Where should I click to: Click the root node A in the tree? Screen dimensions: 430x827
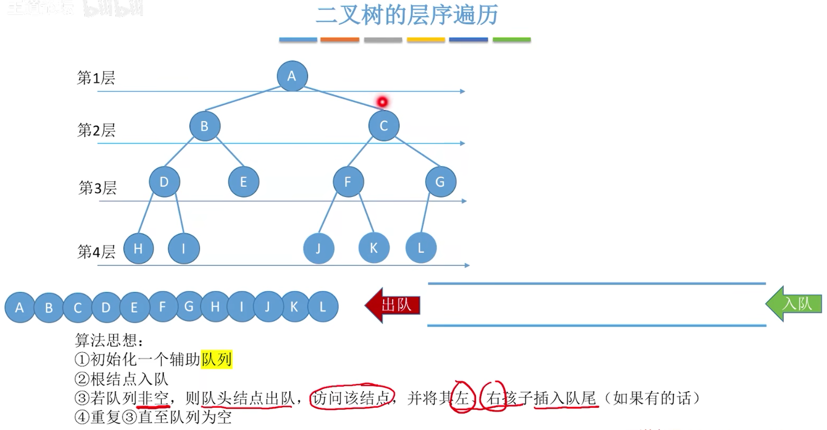click(292, 76)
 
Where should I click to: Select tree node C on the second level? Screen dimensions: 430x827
click(383, 126)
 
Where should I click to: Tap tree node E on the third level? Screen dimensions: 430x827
click(243, 182)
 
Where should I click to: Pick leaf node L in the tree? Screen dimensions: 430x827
click(421, 248)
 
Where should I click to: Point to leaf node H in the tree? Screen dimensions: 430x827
click(138, 249)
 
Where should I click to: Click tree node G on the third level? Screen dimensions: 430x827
click(440, 182)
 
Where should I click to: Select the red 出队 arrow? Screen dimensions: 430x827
click(393, 305)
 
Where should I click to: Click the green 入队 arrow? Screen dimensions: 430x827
click(794, 304)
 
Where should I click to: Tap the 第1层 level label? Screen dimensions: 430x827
click(96, 78)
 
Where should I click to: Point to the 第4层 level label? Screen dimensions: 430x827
click(96, 252)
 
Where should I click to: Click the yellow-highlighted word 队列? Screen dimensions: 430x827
click(216, 359)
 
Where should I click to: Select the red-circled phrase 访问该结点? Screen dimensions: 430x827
click(352, 398)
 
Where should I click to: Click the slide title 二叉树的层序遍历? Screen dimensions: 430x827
click(407, 15)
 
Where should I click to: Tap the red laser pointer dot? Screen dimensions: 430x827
click(382, 102)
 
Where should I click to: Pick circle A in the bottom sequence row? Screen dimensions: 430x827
click(19, 307)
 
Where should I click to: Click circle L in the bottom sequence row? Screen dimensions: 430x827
click(322, 307)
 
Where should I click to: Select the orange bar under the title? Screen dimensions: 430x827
click(340, 39)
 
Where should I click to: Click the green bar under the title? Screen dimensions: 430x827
click(511, 39)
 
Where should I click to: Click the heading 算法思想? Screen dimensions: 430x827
click(108, 340)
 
